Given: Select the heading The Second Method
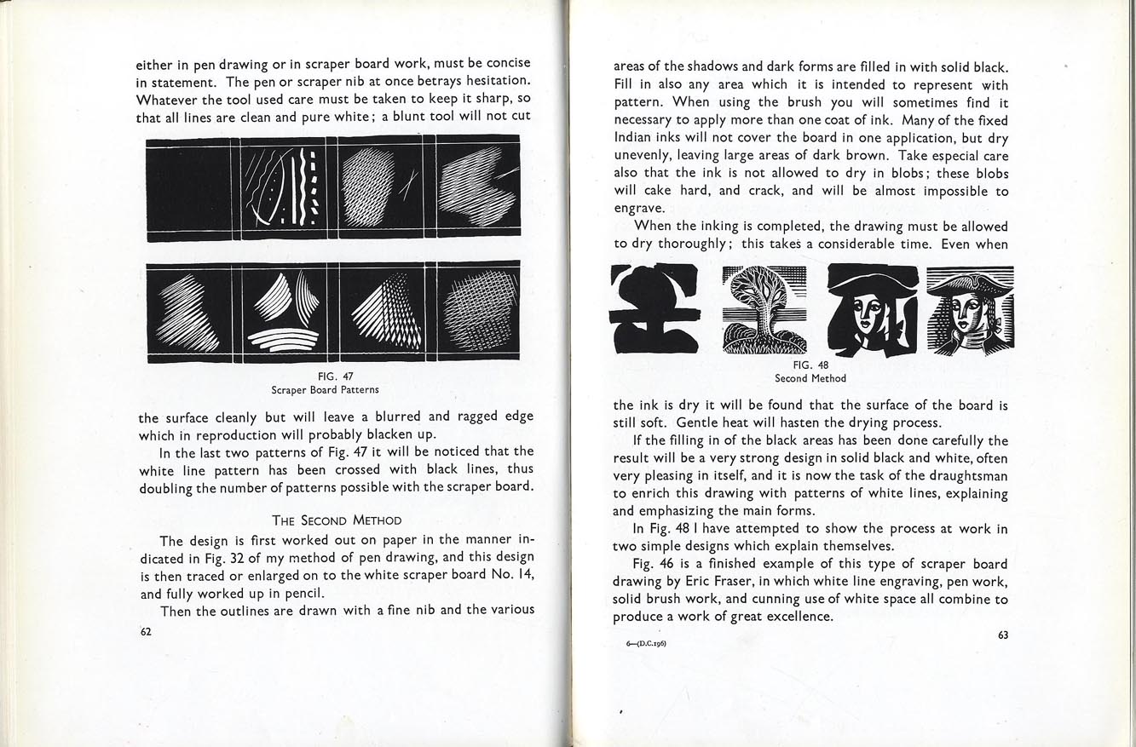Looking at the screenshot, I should (x=337, y=520).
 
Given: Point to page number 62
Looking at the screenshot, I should (x=146, y=632).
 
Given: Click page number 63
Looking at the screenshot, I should (x=1002, y=634).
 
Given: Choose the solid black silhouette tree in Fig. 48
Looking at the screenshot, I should (x=654, y=309).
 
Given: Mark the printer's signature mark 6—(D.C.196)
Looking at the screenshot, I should (x=645, y=643).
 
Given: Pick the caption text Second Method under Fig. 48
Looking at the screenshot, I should (x=810, y=378).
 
